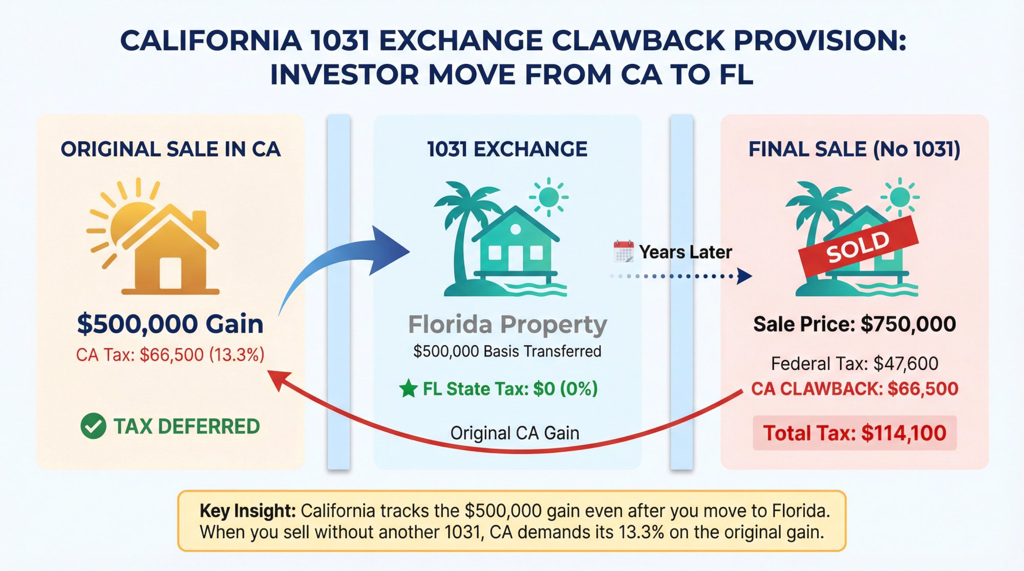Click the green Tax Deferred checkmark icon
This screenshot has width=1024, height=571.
click(x=93, y=426)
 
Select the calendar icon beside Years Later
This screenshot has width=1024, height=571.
click(x=623, y=251)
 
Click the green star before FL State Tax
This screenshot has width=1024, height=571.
click(x=408, y=389)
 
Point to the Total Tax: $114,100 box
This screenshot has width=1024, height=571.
click(x=854, y=433)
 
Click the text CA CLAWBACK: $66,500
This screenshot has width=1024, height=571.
click(x=854, y=389)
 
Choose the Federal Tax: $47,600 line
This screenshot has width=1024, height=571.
click(x=854, y=364)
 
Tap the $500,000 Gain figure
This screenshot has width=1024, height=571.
click(x=170, y=324)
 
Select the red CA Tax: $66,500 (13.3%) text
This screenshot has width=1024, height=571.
click(x=170, y=355)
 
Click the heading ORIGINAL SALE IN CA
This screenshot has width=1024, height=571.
click(x=170, y=149)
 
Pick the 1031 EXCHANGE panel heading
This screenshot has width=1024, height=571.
click(x=507, y=149)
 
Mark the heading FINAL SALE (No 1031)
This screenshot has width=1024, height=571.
click(x=854, y=149)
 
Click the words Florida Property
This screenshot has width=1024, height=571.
click(x=507, y=324)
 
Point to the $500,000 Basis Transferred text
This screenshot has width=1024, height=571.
click(x=507, y=352)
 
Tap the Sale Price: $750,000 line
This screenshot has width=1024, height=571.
click(x=854, y=324)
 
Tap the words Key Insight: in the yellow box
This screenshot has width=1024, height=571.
click(x=247, y=511)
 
